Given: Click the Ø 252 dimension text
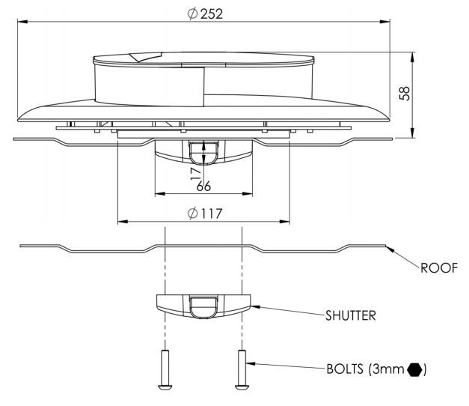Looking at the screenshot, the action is pos(205,13).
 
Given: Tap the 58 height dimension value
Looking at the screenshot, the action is pos(405,94).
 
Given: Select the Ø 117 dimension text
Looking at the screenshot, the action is pos(205,213).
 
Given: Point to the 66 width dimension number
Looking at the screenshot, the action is pos(203,187).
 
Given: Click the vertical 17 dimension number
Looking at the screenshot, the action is pos(196,174).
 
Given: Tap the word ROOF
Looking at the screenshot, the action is pos(439,268).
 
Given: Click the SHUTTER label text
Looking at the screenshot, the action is pos(351,316).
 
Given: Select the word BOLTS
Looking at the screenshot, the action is pos(345,369).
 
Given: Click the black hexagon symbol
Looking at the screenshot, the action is pos(415,369).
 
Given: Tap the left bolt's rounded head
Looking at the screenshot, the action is pos(165,387).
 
